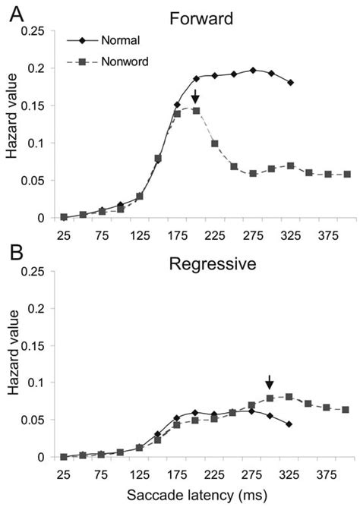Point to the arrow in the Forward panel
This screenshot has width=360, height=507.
click(195, 96)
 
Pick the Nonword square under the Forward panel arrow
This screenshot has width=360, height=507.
click(196, 111)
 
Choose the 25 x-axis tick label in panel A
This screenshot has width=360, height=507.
click(64, 235)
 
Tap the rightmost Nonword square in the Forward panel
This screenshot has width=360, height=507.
click(347, 175)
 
